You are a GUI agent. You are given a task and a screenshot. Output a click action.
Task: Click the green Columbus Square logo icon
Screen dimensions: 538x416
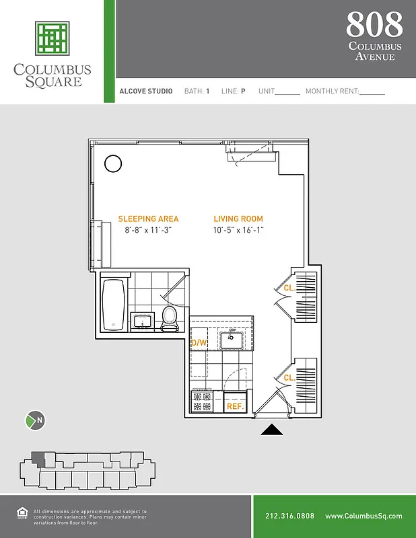53,38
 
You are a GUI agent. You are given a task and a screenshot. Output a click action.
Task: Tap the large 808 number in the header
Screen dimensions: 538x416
374,25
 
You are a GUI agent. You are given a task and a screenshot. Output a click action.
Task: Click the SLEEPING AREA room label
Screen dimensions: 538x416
148,219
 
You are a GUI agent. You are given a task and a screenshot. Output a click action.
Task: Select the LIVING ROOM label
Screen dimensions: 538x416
238,219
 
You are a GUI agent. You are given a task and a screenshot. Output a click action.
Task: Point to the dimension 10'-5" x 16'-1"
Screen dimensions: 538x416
238,231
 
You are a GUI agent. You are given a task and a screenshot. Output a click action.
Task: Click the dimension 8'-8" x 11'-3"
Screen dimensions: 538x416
148,231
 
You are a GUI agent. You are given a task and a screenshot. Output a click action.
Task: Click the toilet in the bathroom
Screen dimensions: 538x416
170,317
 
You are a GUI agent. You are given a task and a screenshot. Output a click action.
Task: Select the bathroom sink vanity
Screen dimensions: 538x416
142,321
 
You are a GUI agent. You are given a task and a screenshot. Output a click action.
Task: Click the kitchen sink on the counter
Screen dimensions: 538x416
235,338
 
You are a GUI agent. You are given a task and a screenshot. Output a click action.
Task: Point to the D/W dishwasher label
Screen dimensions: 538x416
199,343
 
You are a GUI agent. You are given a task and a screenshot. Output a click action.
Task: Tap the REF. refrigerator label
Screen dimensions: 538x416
235,406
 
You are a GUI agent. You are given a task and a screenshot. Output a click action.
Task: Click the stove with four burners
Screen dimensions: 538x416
202,402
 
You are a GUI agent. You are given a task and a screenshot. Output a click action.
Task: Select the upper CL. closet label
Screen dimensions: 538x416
289,288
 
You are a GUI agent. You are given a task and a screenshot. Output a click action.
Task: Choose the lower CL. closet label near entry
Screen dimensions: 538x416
289,378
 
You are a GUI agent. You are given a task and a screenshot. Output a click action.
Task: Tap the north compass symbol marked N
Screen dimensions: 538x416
36,421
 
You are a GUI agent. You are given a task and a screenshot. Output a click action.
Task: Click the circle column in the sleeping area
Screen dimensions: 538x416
112,163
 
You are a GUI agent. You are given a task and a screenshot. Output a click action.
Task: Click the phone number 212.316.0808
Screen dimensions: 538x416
289,516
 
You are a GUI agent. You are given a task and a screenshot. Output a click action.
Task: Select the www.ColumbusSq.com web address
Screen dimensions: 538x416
363,516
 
